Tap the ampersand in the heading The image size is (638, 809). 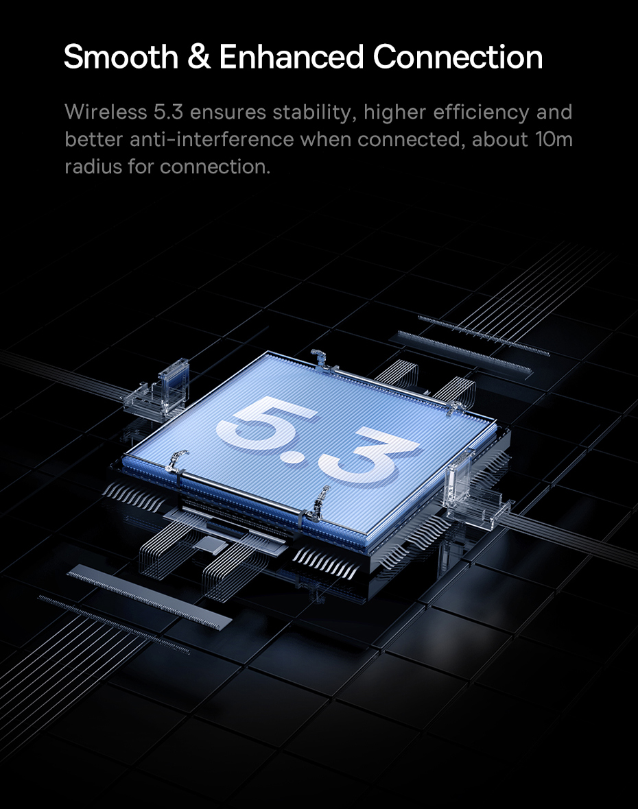[x=199, y=57]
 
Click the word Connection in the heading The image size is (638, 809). [x=458, y=57]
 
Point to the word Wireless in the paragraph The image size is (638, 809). [x=106, y=112]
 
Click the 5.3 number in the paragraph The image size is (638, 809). [x=168, y=112]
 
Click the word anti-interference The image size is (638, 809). [x=211, y=139]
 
